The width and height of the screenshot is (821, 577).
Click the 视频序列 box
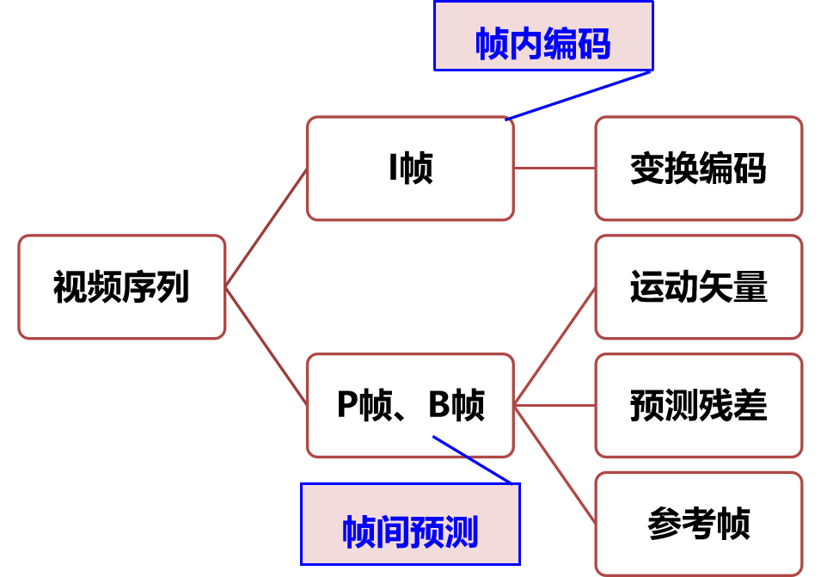tap(121, 287)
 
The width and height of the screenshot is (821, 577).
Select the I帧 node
tap(410, 169)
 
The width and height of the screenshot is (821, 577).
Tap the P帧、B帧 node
tap(410, 405)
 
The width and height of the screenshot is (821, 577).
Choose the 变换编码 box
tap(698, 169)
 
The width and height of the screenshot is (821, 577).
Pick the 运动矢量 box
tap(698, 287)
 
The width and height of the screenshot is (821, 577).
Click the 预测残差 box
tap(698, 405)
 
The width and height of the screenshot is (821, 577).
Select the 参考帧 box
tap(698, 524)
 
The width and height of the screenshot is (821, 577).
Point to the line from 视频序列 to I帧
tap(267, 228)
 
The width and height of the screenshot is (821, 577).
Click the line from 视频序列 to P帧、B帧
tap(267, 346)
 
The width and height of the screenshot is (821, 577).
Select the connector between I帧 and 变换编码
tap(554, 169)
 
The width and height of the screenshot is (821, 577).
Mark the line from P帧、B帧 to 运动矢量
tap(554, 347)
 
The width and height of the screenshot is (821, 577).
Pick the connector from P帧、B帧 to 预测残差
tap(554, 405)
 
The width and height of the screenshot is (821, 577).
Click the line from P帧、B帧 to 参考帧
tap(554, 463)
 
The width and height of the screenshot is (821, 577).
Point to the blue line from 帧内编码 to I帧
tap(579, 95)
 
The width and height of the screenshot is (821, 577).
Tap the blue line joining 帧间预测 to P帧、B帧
tap(472, 460)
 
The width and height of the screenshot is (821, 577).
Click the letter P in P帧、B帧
tap(346, 405)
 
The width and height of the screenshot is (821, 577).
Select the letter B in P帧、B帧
tap(439, 405)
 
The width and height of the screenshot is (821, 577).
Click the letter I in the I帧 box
tap(393, 169)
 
